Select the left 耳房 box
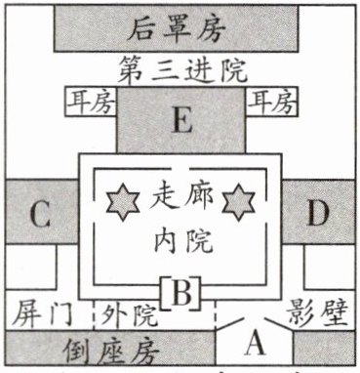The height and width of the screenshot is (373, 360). click(91, 102)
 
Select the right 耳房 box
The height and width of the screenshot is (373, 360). click(272, 102)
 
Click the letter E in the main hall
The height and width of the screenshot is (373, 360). click(181, 120)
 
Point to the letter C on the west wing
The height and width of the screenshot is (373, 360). click(40, 215)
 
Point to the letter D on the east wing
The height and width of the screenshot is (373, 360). click(318, 213)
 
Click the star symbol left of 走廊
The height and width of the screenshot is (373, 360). click(123, 202)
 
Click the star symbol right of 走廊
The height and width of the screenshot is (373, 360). click(239, 202)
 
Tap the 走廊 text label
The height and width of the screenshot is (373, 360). click(181, 197)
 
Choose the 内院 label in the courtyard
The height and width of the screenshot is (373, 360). click(183, 240)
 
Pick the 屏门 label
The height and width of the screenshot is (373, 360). click(42, 314)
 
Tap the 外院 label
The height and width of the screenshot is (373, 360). click(129, 315)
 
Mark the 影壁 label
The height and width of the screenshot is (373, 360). click(318, 313)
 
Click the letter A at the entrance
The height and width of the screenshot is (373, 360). click(256, 344)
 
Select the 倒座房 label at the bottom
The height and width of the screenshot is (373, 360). click(110, 352)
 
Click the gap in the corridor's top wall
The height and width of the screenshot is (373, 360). click(180, 169)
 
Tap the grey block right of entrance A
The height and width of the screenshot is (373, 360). click(324, 348)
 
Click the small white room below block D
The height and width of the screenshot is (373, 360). click(329, 267)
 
